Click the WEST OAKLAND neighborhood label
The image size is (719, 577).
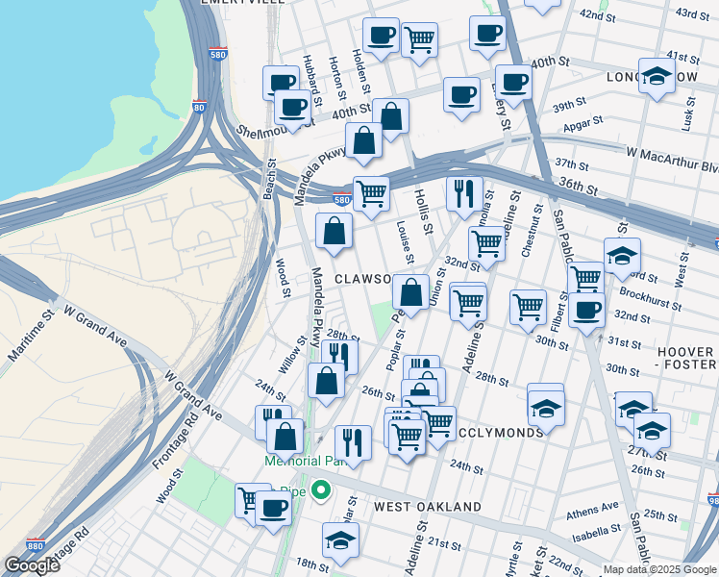tap(428, 507)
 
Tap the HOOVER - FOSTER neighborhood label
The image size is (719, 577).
tap(685, 359)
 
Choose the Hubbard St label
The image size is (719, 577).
tap(310, 72)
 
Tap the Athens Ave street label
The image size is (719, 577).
tap(593, 509)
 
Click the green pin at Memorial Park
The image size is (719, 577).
tap(323, 491)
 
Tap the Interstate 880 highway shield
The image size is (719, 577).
tap(35, 544)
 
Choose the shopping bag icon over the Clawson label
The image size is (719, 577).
tap(410, 292)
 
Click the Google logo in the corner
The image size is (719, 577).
tap(32, 565)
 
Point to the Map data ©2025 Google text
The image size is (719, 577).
tap(658, 569)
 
